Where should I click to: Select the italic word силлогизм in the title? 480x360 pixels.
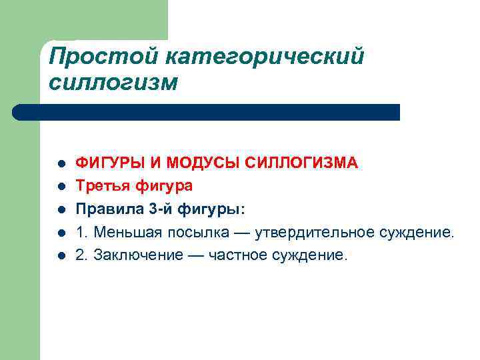coord(114,83)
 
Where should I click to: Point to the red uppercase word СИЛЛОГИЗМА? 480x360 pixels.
coord(303,163)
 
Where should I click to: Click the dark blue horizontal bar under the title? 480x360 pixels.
coord(207,112)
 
